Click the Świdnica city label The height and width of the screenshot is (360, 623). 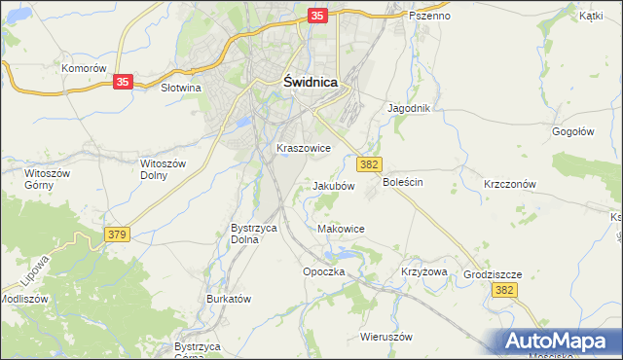click(x=311, y=83)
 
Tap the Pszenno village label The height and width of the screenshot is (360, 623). click(x=430, y=17)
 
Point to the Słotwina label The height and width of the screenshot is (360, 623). click(x=180, y=88)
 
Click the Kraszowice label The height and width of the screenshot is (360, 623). click(x=304, y=148)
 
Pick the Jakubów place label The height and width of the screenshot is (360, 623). click(x=333, y=186)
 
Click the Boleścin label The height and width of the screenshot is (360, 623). click(x=404, y=182)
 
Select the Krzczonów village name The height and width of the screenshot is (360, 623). click(x=511, y=183)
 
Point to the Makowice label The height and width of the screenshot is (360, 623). click(x=342, y=229)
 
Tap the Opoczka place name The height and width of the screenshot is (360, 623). click(x=324, y=271)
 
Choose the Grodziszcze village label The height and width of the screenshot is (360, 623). click(x=493, y=274)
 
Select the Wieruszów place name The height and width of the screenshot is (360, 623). click(x=386, y=337)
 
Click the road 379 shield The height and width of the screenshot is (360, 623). click(x=117, y=234)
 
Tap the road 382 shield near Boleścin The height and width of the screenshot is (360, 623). click(x=369, y=165)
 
